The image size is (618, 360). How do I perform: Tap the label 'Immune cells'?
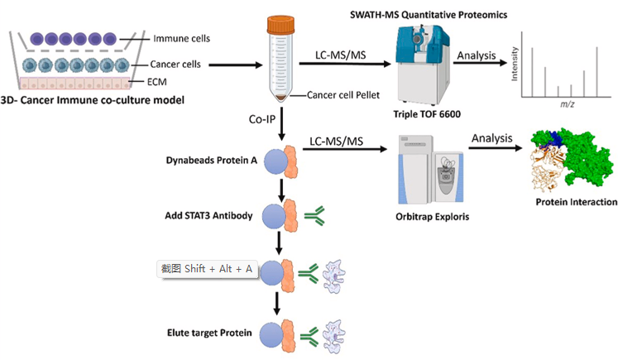[182, 39]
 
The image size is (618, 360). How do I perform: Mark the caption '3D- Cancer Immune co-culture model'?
[93, 100]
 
